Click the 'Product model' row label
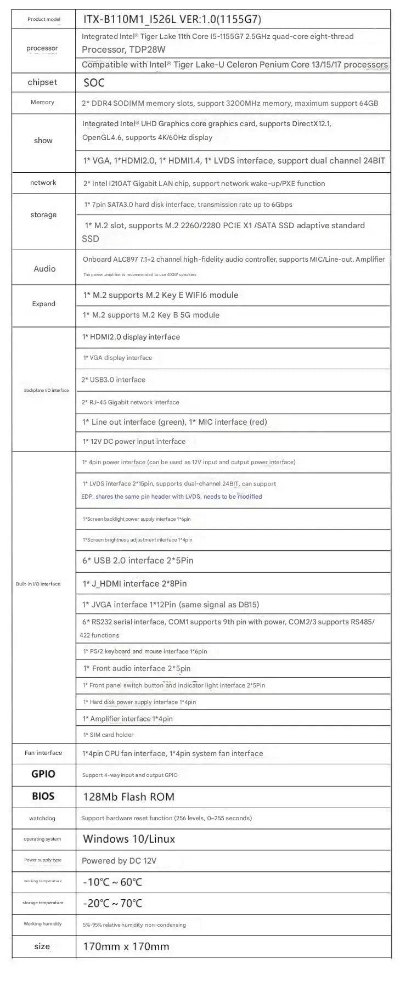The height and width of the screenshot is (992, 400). coord(44,19)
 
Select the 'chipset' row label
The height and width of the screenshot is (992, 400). coord(42,82)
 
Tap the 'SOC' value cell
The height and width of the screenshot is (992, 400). coord(94,83)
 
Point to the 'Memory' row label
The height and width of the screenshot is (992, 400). coord(42,103)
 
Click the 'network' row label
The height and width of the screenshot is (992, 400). coord(43,183)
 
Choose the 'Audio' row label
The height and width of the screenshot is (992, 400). coord(44,268)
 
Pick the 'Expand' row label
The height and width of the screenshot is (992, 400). coord(43,304)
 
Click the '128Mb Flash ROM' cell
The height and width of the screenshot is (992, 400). coord(128,797)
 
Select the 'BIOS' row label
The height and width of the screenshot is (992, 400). coord(43,796)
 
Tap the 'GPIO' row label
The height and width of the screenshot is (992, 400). coord(43,774)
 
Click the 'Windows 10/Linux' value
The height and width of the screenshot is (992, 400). coord(129,839)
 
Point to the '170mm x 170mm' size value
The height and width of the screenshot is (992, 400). coord(126,946)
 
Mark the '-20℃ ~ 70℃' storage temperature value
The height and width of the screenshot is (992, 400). coord(112,903)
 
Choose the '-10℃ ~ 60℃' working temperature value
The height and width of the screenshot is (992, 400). coord(112,882)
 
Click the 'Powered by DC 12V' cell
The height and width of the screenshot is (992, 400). coord(119,861)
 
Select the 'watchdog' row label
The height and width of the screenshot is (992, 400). coord(42,818)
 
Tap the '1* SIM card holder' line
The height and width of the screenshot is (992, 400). coord(108,735)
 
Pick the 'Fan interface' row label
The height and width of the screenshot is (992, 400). coord(43,753)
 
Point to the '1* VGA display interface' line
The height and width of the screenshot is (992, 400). coord(117,358)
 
